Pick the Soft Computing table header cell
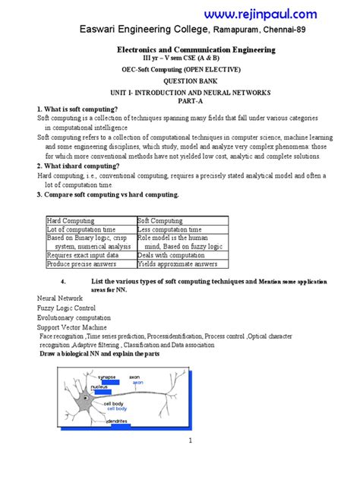tap(156, 219)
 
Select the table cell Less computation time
tap(170, 229)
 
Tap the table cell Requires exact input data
tap(82, 255)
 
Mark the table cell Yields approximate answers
tap(175, 264)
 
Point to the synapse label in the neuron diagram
tap(106, 377)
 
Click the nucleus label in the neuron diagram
tap(99, 387)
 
